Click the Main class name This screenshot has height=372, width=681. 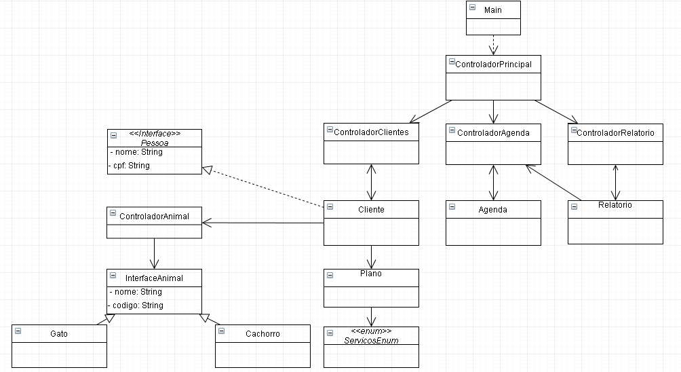tap(493, 10)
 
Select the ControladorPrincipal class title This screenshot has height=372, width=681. tap(493, 64)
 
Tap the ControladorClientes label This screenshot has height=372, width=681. tap(371, 132)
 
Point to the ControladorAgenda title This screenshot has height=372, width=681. tap(493, 133)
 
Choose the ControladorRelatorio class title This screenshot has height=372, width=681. tap(615, 133)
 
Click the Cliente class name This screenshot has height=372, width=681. tap(371, 210)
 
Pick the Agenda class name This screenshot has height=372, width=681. tap(493, 210)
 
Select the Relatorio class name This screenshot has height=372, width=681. tap(615, 205)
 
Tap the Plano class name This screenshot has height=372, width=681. tap(371, 274)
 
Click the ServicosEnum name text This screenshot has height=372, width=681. tap(371, 340)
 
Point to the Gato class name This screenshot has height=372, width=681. tap(59, 334)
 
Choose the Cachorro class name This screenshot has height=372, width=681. tap(262, 334)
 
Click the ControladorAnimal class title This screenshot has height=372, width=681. tap(154, 217)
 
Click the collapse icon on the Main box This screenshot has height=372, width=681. tap(473, 7)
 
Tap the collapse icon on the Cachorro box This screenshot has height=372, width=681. tap(222, 331)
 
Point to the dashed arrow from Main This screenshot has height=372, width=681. tap(493, 45)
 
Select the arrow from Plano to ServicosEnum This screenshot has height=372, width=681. tap(371, 317)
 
